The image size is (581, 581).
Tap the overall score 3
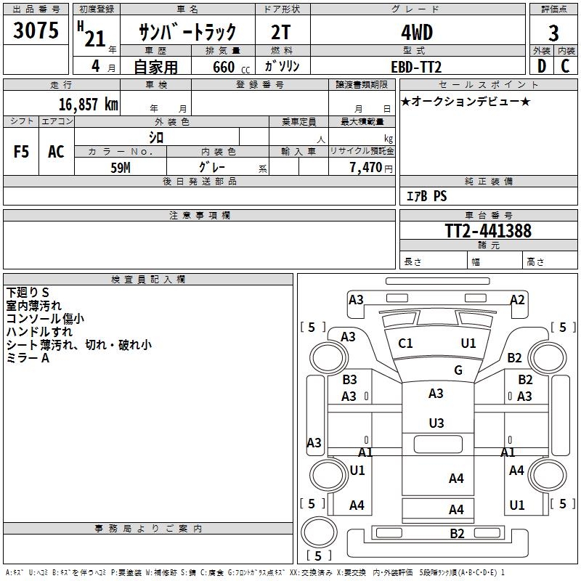click(553, 33)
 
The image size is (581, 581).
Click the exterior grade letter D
click(541, 65)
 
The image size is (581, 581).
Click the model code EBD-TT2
click(416, 67)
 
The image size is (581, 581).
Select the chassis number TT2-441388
click(488, 231)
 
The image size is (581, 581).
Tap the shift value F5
click(22, 152)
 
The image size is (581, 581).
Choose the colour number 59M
click(120, 167)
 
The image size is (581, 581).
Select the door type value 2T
click(281, 32)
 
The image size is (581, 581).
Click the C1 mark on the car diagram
click(405, 344)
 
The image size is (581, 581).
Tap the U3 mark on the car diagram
click(436, 423)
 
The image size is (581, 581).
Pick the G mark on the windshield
click(458, 370)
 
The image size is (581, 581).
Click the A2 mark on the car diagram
click(517, 300)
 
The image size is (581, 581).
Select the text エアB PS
click(426, 196)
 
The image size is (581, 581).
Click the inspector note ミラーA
click(28, 358)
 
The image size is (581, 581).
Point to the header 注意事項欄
click(200, 216)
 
